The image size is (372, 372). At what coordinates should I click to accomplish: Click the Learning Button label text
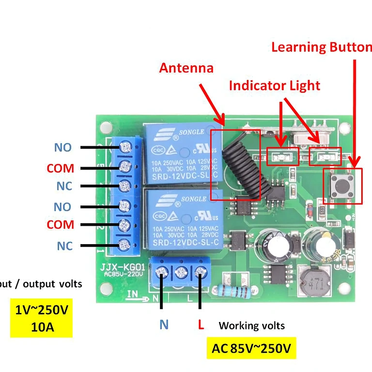(322, 47)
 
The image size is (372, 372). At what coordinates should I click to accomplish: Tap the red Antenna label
(186, 68)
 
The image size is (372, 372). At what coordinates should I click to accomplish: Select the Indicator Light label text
(274, 86)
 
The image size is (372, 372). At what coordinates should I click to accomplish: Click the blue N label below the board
(164, 325)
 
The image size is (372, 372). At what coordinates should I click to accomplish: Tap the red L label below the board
(201, 325)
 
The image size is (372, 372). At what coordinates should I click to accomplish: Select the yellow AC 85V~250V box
(251, 349)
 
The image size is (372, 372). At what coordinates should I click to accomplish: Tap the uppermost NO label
(62, 147)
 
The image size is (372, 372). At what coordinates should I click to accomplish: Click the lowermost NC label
(64, 246)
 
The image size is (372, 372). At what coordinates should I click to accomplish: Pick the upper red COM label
(61, 169)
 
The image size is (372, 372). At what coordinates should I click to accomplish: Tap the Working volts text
(251, 325)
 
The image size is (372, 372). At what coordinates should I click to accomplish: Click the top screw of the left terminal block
(126, 146)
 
